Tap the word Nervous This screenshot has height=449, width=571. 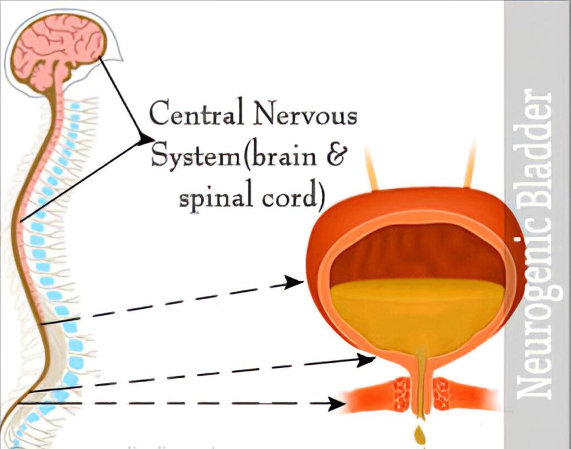[304, 116]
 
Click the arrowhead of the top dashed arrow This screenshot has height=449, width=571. [295, 283]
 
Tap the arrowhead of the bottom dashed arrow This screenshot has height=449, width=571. [335, 403]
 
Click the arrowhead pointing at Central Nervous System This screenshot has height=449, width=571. [146, 138]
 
